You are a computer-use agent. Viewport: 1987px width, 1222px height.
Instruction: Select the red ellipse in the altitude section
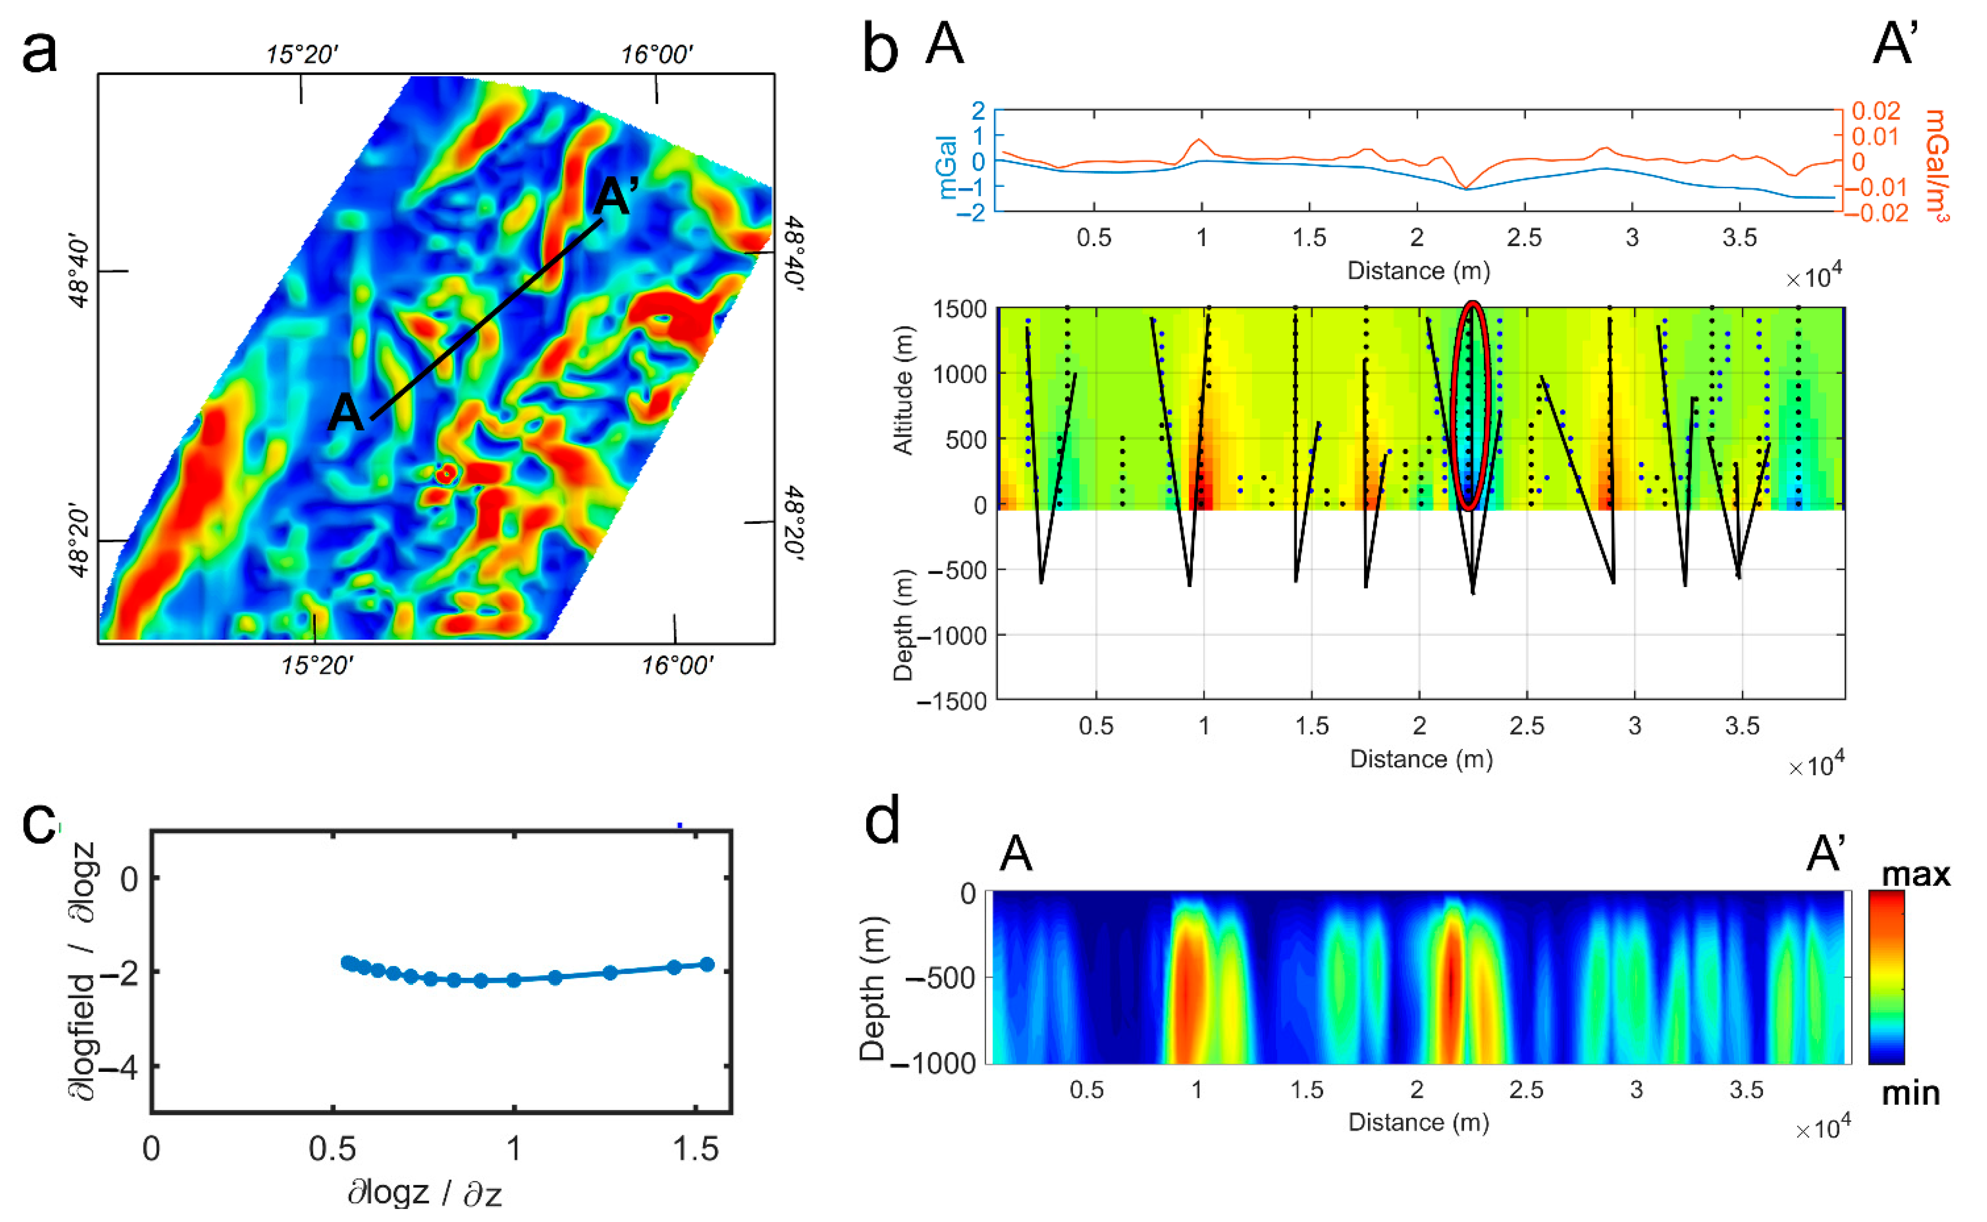tap(1471, 407)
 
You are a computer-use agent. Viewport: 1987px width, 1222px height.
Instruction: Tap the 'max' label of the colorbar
tap(1915, 874)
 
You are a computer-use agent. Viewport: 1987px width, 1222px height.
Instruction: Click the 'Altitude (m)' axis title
tap(902, 391)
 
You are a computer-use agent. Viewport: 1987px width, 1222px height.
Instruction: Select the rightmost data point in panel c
tap(707, 964)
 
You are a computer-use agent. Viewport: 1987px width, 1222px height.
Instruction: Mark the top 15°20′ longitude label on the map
tap(301, 55)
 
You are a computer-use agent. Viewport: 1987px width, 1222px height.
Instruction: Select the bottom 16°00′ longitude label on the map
tap(677, 666)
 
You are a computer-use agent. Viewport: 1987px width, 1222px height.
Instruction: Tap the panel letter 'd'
tap(882, 824)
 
